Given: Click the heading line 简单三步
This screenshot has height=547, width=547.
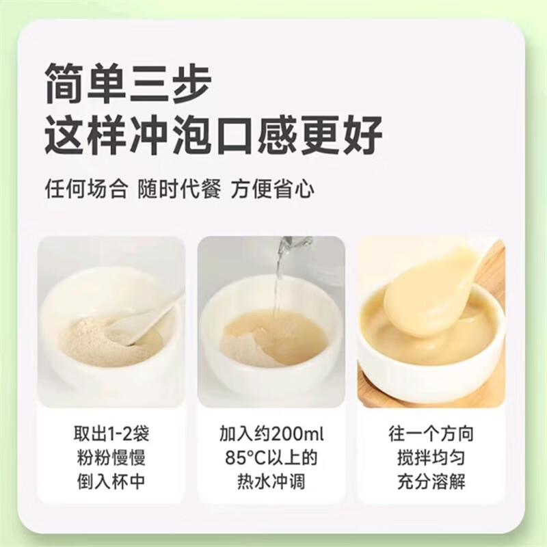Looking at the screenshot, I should pyautogui.click(x=128, y=83).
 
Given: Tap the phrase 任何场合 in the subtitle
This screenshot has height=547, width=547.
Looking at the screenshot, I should pyautogui.click(x=85, y=188).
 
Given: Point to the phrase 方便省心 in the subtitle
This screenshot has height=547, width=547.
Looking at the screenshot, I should pyautogui.click(x=272, y=188).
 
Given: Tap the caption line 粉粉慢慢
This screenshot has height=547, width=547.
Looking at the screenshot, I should pyautogui.click(x=110, y=459).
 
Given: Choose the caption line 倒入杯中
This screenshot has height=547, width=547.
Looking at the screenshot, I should pyautogui.click(x=110, y=482).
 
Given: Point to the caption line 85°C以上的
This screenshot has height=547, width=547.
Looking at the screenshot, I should pyautogui.click(x=272, y=459).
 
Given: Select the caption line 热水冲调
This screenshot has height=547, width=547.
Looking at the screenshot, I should pyautogui.click(x=272, y=482).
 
